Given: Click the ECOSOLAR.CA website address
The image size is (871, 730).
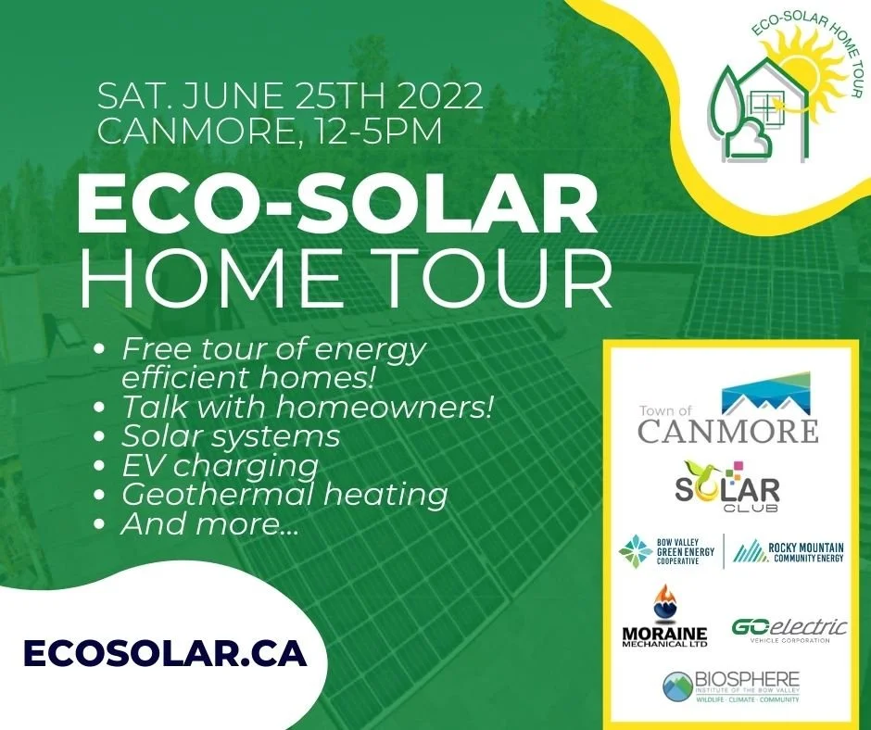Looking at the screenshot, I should (164, 652).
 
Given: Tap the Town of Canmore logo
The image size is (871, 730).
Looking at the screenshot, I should (727, 409).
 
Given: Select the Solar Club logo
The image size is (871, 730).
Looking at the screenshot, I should (727, 485).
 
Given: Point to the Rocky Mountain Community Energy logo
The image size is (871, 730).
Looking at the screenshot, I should (788, 553).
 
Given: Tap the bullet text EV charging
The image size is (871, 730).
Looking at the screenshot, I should (220, 465).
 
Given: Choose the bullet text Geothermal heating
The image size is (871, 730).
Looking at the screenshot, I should (284, 494).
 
